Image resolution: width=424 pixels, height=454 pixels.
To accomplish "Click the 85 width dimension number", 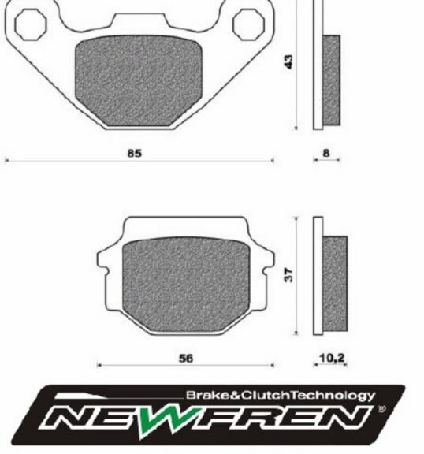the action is (x=135, y=153).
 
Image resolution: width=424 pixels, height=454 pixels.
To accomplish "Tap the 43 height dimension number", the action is (x=288, y=61).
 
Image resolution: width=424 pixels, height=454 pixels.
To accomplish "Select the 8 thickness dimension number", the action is (x=326, y=153).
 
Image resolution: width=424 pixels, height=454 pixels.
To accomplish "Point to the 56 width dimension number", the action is (x=185, y=359).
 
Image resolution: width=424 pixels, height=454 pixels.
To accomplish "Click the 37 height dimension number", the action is (x=288, y=275).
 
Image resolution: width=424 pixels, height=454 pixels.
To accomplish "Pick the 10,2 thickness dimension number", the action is (x=333, y=359).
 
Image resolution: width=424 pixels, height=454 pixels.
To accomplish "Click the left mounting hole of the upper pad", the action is (x=31, y=24).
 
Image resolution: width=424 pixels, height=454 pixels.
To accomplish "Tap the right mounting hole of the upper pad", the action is (x=248, y=24).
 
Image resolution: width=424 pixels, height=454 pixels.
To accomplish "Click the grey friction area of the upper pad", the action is (x=139, y=80).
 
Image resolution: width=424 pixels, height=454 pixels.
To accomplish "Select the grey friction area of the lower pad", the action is (x=186, y=285).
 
